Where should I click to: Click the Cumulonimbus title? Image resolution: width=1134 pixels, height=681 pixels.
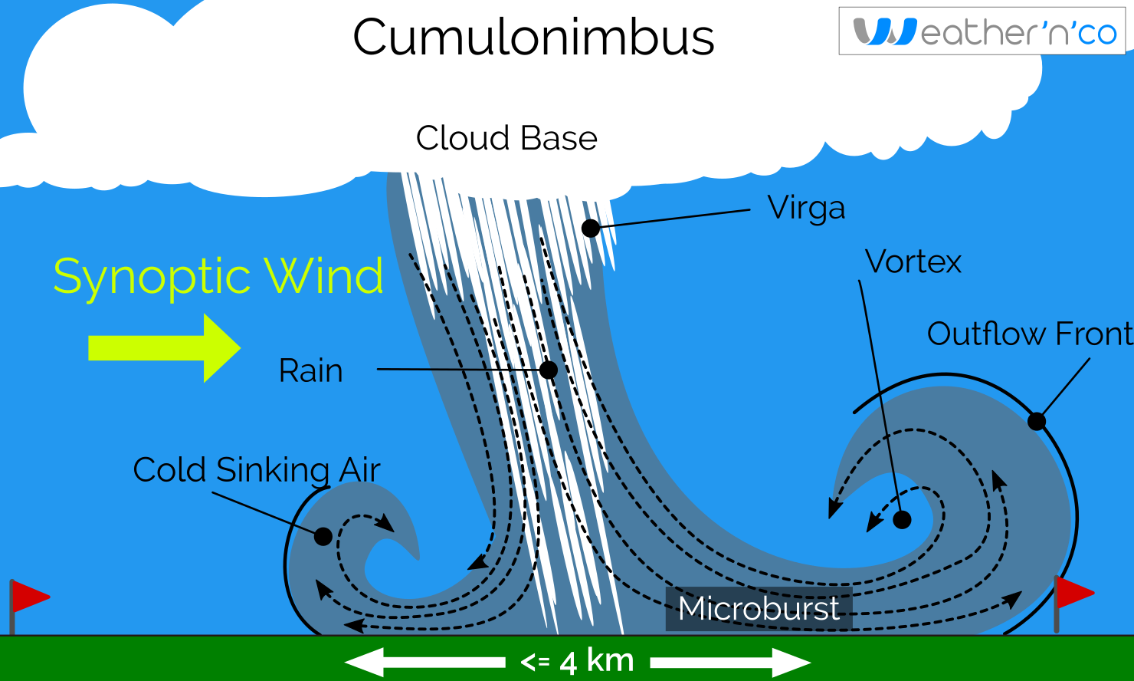533,37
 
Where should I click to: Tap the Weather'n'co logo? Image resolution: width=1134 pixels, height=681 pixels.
982,31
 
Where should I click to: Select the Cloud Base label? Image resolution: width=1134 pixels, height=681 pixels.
506,139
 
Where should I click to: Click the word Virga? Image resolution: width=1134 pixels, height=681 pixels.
806,208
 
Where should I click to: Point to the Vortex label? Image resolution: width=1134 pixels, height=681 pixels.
913,262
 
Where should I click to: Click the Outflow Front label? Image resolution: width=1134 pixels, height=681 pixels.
1029,334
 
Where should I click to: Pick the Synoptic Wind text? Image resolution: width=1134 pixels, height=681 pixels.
218,276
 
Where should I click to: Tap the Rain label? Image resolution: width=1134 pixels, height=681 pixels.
310,371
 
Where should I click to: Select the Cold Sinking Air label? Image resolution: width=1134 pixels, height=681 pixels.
257,470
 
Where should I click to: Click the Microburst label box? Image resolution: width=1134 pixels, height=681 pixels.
759,609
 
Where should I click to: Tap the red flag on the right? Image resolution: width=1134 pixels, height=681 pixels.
1073,591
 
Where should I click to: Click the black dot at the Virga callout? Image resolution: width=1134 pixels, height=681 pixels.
590,228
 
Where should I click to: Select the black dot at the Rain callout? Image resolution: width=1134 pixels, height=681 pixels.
549,370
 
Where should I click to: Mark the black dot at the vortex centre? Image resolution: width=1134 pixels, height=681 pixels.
903,520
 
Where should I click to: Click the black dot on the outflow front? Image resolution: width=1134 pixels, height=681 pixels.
1036,421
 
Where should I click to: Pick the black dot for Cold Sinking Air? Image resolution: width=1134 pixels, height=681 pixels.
323,536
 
